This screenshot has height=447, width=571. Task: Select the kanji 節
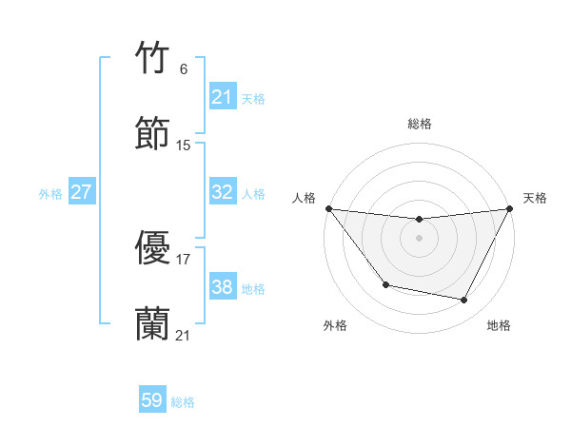click(153, 133)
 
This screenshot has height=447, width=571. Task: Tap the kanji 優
click(153, 248)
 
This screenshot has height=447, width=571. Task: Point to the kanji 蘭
click(153, 323)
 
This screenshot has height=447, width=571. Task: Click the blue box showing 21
click(222, 97)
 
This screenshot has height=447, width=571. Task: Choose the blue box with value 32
click(222, 192)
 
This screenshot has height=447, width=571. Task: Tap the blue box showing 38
click(222, 287)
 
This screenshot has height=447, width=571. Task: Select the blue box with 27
click(82, 192)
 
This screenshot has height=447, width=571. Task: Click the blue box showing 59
click(152, 400)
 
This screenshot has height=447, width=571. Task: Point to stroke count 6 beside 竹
click(184, 69)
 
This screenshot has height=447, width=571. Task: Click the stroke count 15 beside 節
click(184, 146)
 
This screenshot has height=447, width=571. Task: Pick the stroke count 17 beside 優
click(184, 259)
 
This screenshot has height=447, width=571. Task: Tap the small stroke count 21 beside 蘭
click(184, 335)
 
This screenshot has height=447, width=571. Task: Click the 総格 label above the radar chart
click(420, 125)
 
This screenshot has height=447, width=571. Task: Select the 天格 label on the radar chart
click(535, 198)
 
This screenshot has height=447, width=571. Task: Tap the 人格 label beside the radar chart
click(304, 198)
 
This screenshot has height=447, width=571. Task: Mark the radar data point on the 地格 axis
click(464, 301)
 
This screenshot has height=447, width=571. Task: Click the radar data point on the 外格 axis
click(385, 284)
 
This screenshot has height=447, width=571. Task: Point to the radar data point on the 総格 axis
click(420, 220)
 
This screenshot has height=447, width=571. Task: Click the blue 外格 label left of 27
click(50, 194)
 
